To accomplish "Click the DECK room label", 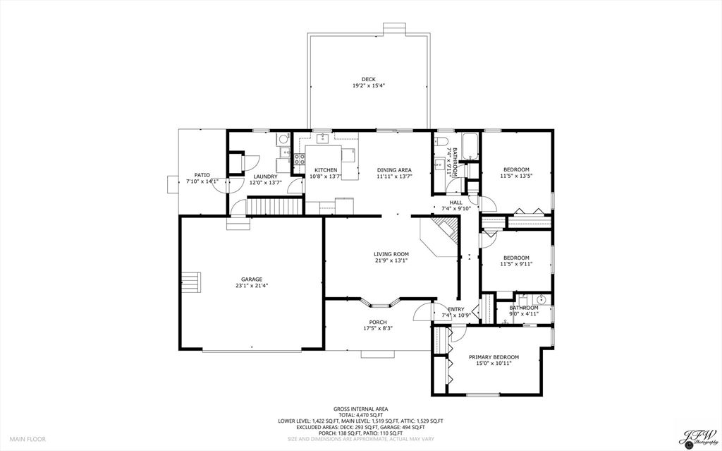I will (x=368, y=79).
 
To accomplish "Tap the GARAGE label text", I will (x=251, y=279).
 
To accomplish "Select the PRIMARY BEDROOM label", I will (x=494, y=357).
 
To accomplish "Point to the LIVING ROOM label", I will (x=391, y=254).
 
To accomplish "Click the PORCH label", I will (x=378, y=323).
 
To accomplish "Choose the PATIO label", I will (x=202, y=175).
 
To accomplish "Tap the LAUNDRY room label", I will (x=265, y=176).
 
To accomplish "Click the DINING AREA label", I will (x=394, y=169).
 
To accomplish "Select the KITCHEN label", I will (x=326, y=169).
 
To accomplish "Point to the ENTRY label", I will (x=456, y=308).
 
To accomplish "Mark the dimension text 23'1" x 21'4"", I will (x=251, y=286).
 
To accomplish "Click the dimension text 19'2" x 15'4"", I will (x=368, y=85).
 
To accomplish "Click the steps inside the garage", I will (x=191, y=282).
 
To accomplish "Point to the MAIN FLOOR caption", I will (x=27, y=439).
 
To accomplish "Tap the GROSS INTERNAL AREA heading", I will (x=360, y=409).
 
